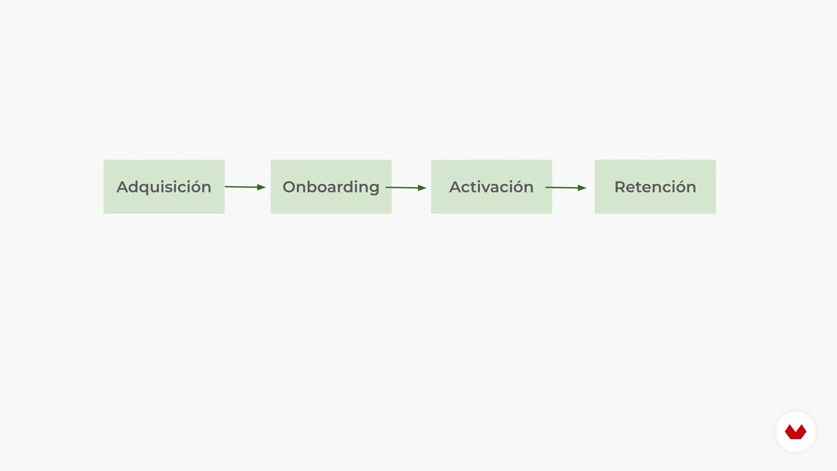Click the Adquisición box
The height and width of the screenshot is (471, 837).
[164, 187]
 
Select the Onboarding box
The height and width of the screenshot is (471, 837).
[331, 187]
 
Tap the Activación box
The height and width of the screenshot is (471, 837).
[491, 187]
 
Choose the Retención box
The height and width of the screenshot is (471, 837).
[655, 187]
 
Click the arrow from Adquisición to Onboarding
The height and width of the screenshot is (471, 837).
[245, 187]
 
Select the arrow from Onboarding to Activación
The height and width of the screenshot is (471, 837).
[406, 188]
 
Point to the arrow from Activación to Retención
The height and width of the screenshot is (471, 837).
[566, 188]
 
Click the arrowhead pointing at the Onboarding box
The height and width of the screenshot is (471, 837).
[262, 187]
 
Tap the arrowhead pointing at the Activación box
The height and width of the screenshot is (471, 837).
[422, 188]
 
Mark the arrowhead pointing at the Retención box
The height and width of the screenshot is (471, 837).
[582, 188]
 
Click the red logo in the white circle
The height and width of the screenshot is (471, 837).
[796, 432]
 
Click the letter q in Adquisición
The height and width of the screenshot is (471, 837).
[146, 189]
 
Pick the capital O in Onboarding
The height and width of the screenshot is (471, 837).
[289, 187]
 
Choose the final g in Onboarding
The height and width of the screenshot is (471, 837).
[374, 189]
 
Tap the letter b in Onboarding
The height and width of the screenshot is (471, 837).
[313, 186]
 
